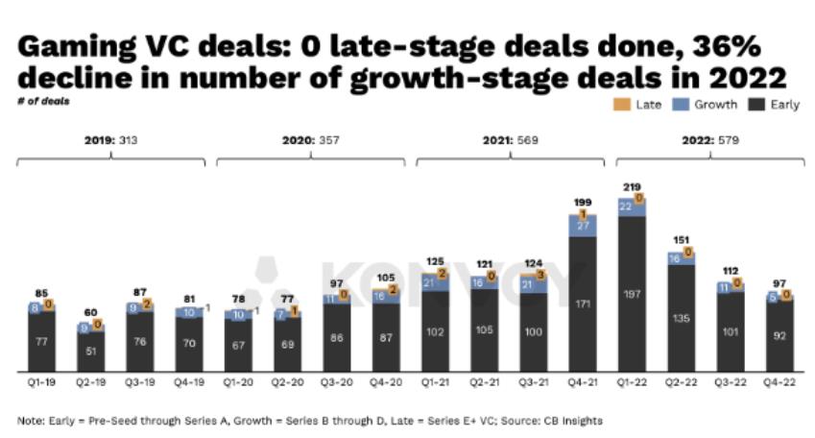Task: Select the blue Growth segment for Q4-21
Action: tap(582, 224)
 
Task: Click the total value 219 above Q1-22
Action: tap(631, 186)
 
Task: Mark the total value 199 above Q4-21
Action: tap(582, 203)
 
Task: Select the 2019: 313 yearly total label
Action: tap(111, 140)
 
